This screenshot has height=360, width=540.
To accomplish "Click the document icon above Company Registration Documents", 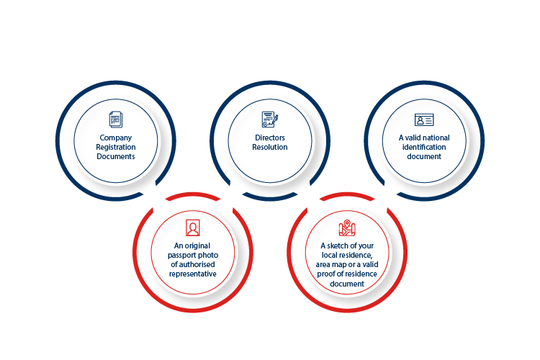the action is click(116, 120).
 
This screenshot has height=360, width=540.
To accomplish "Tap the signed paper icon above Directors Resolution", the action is click(270, 120).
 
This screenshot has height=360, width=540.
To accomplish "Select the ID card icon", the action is click(424, 120).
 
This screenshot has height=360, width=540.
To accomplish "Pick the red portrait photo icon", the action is click(192, 228).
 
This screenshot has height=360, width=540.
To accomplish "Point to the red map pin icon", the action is click(347, 228).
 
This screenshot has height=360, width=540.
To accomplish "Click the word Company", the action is click(116, 138).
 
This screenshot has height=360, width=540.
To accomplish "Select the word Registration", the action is click(116, 147).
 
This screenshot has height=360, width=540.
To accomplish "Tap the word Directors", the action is click(270, 138).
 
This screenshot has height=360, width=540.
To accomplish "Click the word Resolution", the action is click(270, 147).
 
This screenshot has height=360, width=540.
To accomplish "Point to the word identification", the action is click(424, 147).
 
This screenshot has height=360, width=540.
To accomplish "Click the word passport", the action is click(182, 256).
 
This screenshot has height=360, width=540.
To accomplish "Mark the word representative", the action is click(193, 274).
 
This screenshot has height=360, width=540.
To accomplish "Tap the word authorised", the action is click(197, 264).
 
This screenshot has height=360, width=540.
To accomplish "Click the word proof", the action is click(325, 274).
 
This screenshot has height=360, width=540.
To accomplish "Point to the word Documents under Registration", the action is click(116, 156).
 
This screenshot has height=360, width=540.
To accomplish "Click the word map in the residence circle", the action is click(339, 265).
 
